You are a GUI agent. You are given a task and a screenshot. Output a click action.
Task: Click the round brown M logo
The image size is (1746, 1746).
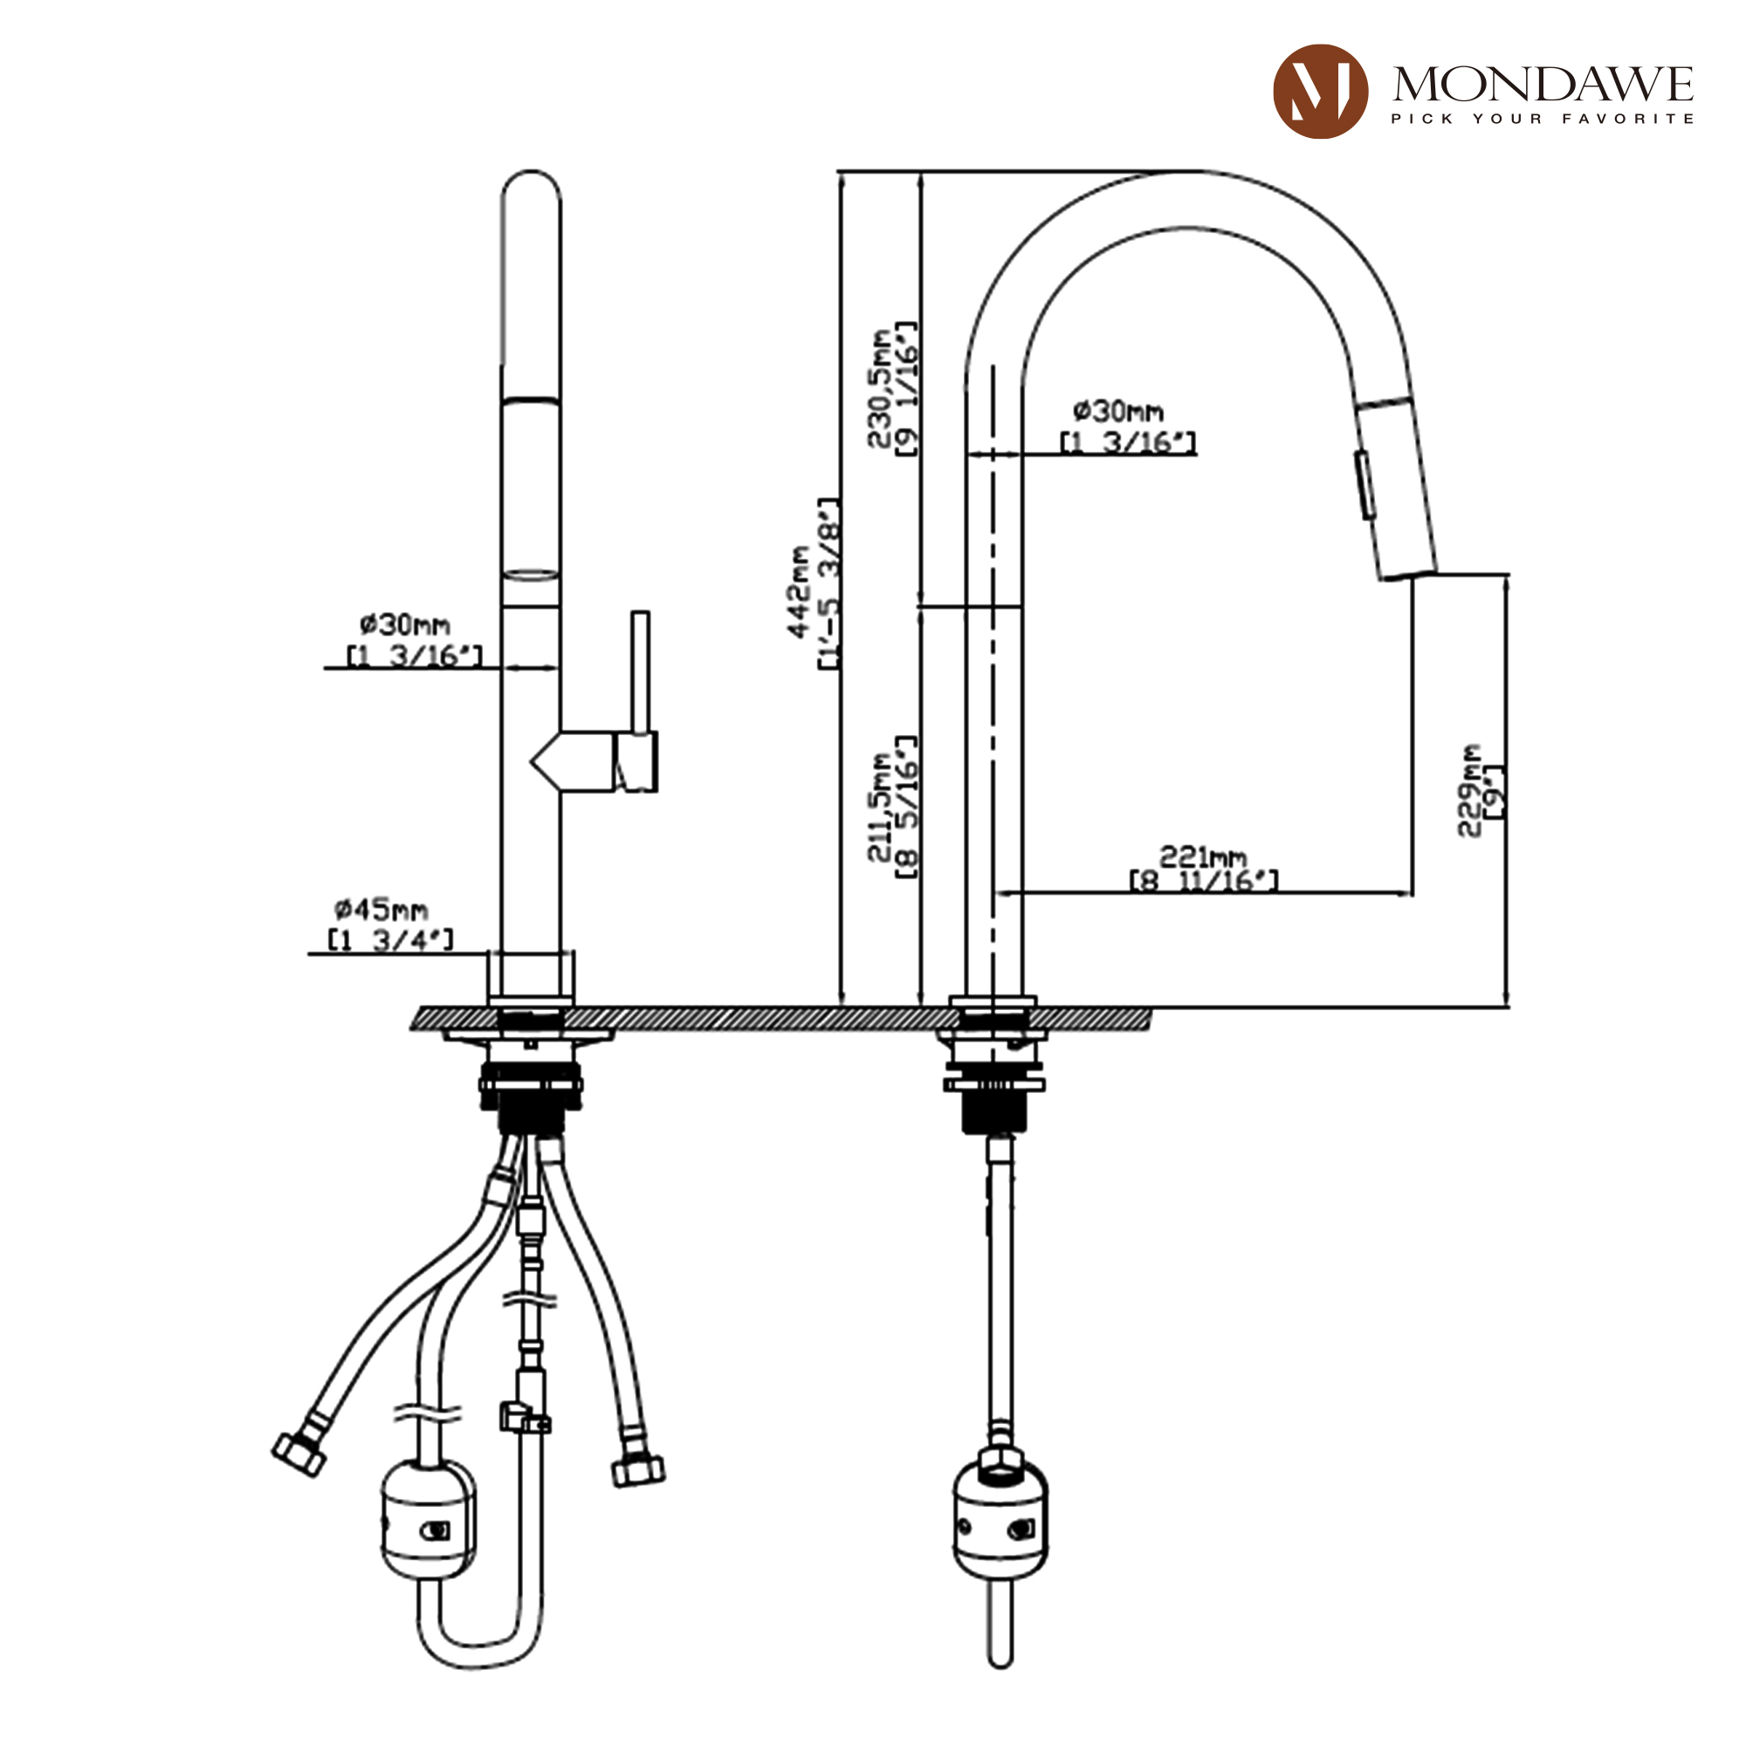tap(1319, 92)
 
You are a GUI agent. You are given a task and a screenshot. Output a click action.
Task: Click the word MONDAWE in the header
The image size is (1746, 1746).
tap(1542, 85)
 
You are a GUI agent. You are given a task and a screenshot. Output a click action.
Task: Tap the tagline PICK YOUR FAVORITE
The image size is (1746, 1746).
tap(1542, 119)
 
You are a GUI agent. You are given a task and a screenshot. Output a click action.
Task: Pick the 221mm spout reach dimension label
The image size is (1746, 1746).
tap(1204, 868)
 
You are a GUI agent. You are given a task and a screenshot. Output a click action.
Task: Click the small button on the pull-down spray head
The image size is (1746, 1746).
tap(1365, 485)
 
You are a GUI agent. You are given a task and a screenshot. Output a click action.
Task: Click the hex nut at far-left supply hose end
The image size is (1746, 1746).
tap(299, 1455)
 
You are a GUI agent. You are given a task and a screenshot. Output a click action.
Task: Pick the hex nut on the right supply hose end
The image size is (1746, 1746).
tap(638, 1471)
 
